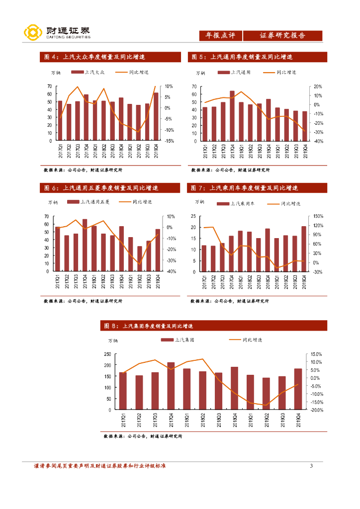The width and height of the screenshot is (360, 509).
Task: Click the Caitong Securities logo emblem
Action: pyautogui.click(x=32, y=33)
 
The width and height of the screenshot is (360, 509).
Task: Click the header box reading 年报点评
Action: pyautogui.click(x=220, y=35)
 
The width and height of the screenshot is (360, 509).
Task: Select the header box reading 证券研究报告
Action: pyautogui.click(x=282, y=35)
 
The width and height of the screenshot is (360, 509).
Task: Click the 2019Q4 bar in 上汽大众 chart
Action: pyautogui.click(x=156, y=116)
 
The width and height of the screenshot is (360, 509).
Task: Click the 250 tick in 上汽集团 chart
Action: pyautogui.click(x=107, y=354)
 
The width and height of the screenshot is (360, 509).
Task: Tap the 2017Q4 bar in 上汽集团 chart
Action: pyautogui.click(x=171, y=386)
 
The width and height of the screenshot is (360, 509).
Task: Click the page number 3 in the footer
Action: pyautogui.click(x=311, y=466)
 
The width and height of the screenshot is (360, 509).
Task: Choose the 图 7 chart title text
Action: pyautogui.click(x=244, y=188)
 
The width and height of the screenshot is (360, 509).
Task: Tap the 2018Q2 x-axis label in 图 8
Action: pyautogui.click(x=202, y=420)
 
